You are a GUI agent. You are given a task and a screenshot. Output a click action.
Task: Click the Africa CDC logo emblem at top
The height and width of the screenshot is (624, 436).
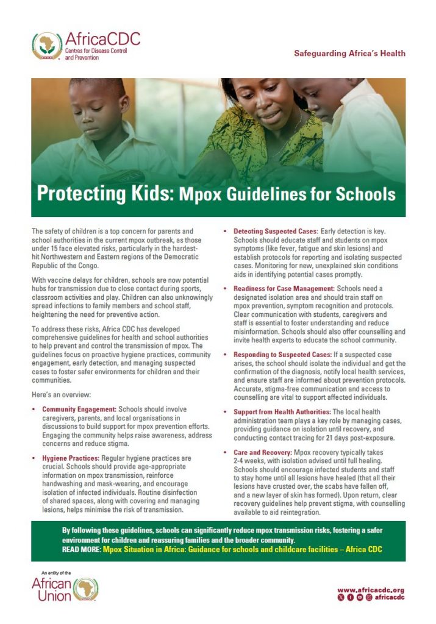coord(46,46)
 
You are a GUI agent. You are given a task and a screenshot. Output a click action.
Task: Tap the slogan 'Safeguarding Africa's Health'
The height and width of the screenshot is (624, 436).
coord(349,54)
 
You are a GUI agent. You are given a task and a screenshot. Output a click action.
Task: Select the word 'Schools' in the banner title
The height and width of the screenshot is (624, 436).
coord(363,195)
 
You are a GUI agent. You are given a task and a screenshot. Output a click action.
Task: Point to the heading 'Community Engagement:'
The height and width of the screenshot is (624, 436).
coord(79,409)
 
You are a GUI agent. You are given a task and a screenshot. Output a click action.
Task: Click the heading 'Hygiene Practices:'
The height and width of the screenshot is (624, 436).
coord(71,458)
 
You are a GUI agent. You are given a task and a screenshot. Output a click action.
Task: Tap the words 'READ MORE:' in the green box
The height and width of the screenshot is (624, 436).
coord(81,549)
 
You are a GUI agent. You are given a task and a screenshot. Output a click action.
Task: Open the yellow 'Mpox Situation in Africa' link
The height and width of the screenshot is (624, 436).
coord(244,549)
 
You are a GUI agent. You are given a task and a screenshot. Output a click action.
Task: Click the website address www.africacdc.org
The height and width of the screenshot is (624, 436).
coord(371,590)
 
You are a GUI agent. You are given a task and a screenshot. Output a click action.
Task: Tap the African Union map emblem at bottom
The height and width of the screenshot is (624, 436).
coord(86,590)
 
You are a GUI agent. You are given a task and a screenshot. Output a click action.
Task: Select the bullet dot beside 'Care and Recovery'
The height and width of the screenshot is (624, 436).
coord(226,453)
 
